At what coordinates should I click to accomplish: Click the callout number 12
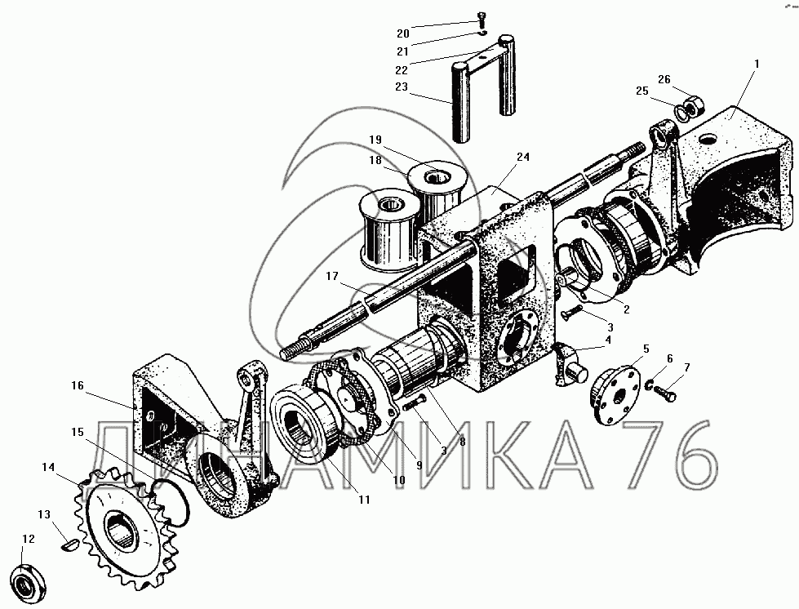coord(29,539)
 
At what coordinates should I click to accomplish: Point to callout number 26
coord(664,79)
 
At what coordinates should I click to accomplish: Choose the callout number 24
coord(522,156)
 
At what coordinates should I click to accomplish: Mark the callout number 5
coord(646,349)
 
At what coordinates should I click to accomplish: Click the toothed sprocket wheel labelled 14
coord(127,522)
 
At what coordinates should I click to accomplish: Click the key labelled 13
coord(71,543)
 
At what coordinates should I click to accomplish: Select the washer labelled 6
coord(651,385)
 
